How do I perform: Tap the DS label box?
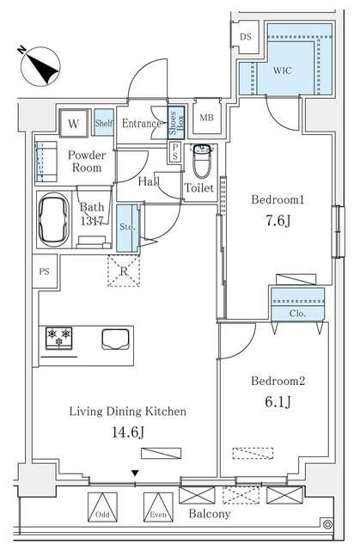click(245, 37)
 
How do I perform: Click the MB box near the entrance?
click(207, 118)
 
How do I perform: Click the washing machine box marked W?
click(73, 124)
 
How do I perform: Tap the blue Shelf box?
click(103, 123)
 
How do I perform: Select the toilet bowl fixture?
click(201, 160)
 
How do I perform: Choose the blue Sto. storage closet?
click(126, 229)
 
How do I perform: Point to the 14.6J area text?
click(127, 432)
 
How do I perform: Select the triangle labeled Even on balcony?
click(155, 507)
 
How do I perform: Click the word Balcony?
click(210, 514)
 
